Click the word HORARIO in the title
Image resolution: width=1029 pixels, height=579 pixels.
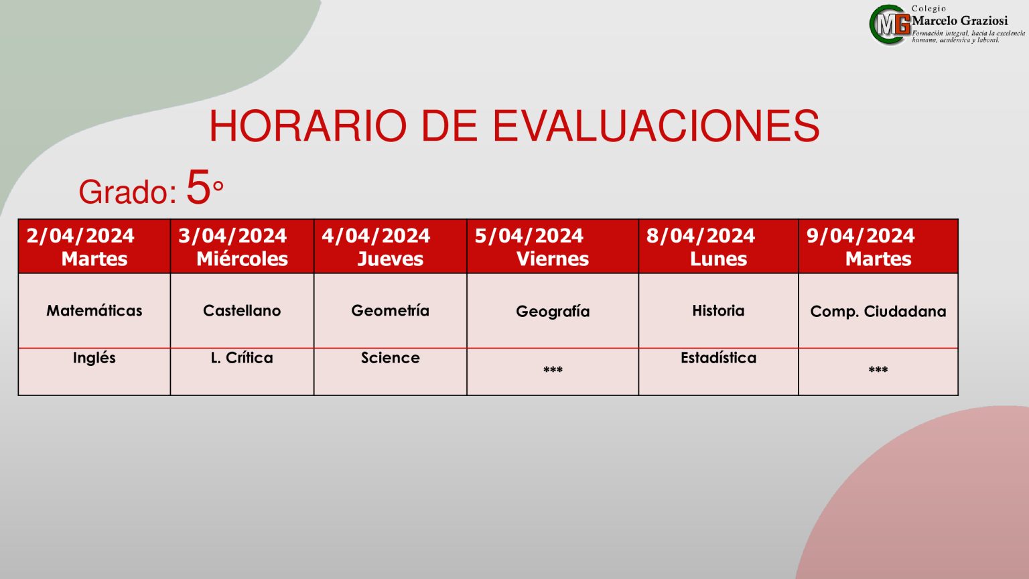pos(307,126)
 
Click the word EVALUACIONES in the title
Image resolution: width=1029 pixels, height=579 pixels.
pos(656,126)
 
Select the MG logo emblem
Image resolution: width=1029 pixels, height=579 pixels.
pos(890,24)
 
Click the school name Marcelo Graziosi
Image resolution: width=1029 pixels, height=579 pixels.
pos(959,21)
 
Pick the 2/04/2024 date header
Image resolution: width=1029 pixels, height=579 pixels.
pos(80,236)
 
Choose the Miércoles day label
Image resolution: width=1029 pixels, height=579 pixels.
pos(242,259)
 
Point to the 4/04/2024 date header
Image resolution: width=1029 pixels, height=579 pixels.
pos(376,236)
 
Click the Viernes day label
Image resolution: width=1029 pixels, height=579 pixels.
pos(553,259)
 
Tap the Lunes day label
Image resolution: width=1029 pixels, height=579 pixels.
pos(718,259)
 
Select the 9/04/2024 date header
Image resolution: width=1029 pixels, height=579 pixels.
pos(860,236)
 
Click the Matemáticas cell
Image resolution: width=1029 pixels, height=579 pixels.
pos(94,311)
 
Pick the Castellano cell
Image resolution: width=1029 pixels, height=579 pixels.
pos(242,311)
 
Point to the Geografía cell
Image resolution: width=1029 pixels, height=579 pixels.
pos(553,312)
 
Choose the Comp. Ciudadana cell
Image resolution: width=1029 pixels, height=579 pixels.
pos(878,312)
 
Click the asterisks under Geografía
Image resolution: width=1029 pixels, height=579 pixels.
pos(553,369)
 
